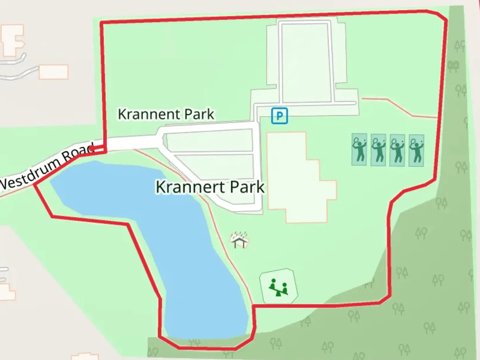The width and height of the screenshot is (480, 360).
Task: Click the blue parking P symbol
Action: tap(279, 116)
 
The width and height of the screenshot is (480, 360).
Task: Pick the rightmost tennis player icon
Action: tap(416, 150)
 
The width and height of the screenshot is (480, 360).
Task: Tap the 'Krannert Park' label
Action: tap(210, 187)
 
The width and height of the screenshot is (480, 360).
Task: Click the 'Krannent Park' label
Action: tap(166, 114)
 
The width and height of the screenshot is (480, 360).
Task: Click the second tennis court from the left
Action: tap(378, 150)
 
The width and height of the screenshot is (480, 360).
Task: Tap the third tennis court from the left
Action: tap(397, 150)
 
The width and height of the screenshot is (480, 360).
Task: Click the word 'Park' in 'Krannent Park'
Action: tap(199, 114)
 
